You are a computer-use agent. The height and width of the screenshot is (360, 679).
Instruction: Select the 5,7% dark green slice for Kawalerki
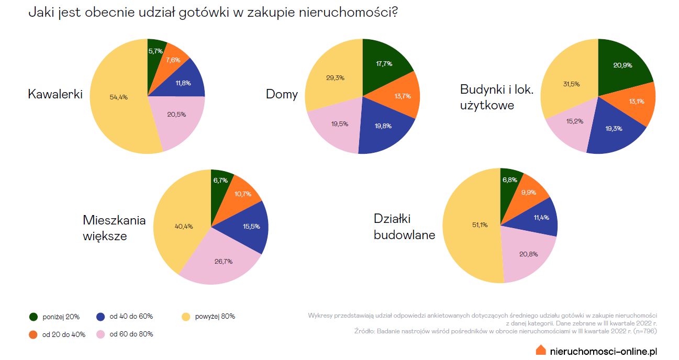(155, 51)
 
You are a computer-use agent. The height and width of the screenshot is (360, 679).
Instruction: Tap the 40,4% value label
(184, 227)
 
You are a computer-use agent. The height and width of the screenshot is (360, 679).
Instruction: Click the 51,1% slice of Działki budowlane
(471, 225)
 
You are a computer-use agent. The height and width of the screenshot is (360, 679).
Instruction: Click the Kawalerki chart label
(55, 95)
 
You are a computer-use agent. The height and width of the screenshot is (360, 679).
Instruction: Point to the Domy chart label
(282, 95)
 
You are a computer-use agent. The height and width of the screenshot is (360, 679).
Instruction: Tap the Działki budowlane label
(404, 227)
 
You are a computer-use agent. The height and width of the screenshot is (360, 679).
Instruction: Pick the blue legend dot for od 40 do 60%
(101, 317)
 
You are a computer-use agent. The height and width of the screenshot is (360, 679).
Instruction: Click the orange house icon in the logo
(541, 350)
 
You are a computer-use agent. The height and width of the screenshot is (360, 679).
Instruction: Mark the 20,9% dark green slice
(623, 65)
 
